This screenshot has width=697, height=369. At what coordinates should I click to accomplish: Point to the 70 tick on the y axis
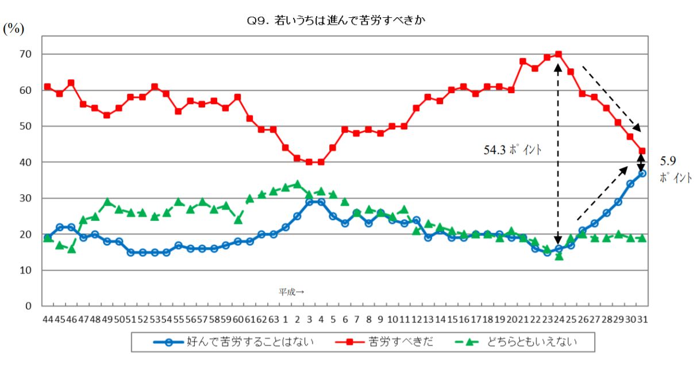pyautogui.click(x=26, y=54)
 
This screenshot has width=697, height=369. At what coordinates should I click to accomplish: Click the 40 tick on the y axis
pyautogui.click(x=26, y=163)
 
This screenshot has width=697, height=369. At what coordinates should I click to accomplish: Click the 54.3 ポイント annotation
pyautogui.click(x=513, y=151)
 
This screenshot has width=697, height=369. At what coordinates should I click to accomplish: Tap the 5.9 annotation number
pyautogui.click(x=667, y=162)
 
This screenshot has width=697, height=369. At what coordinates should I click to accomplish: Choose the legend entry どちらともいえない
pyautogui.click(x=529, y=342)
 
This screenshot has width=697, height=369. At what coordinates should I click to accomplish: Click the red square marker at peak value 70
pyautogui.click(x=558, y=55)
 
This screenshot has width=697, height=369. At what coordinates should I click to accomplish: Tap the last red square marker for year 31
pyautogui.click(x=642, y=151)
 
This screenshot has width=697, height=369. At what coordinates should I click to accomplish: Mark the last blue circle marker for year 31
pyautogui.click(x=642, y=173)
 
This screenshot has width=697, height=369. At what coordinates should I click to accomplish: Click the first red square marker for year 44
pyautogui.click(x=47, y=87)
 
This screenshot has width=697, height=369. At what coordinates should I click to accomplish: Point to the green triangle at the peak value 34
pyautogui.click(x=297, y=184)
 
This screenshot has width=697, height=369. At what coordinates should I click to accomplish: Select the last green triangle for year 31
pyautogui.click(x=642, y=237)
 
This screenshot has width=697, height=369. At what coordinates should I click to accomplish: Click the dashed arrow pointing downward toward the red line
pyautogui.click(x=610, y=98)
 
